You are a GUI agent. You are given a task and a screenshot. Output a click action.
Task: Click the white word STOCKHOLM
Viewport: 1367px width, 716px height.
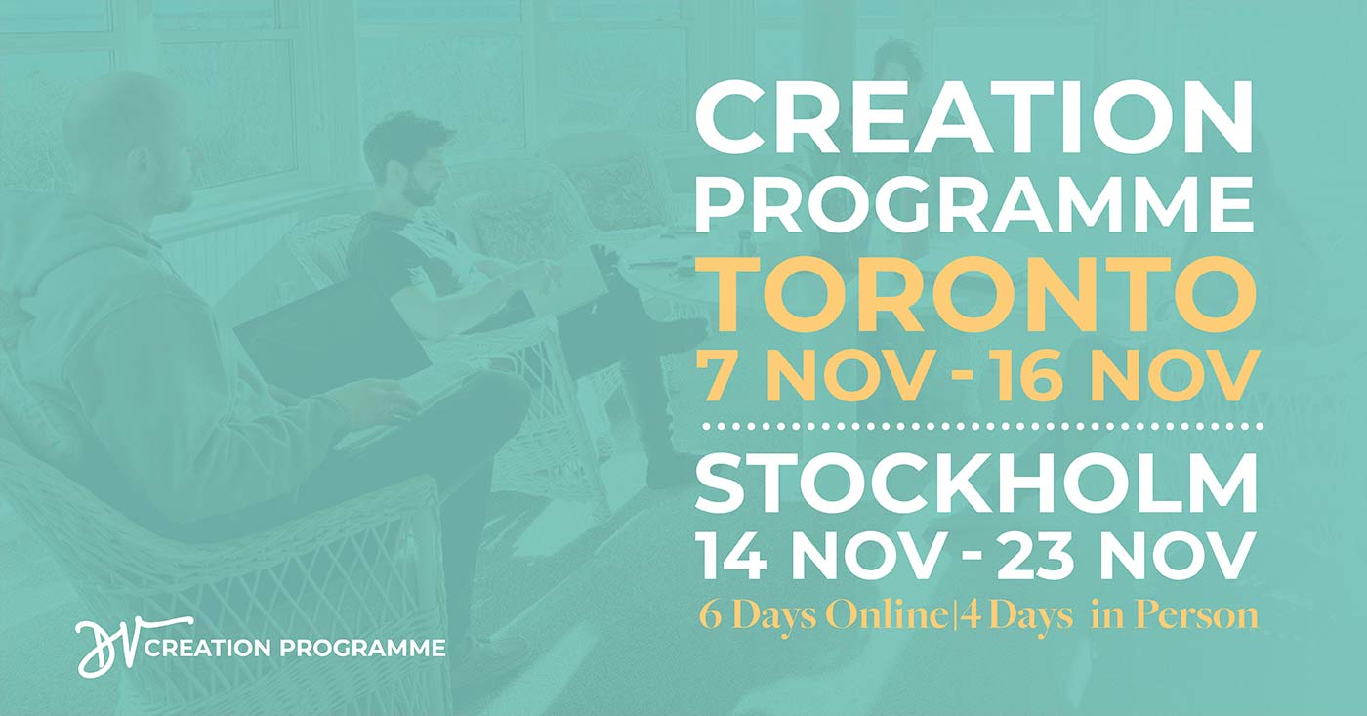976,483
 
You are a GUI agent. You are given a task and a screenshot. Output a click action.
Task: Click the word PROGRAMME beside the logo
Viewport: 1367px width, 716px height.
362,648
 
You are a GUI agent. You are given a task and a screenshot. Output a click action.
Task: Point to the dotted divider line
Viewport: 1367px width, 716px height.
983,427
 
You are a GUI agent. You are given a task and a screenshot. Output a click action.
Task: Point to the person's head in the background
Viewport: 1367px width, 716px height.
896,68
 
